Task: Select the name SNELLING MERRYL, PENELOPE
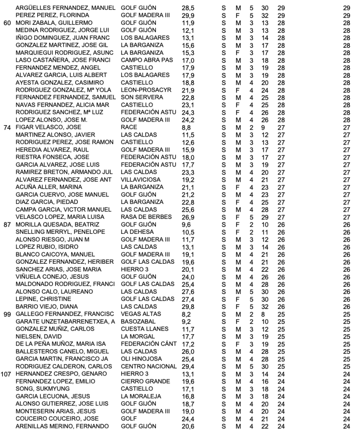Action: point(58,231)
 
